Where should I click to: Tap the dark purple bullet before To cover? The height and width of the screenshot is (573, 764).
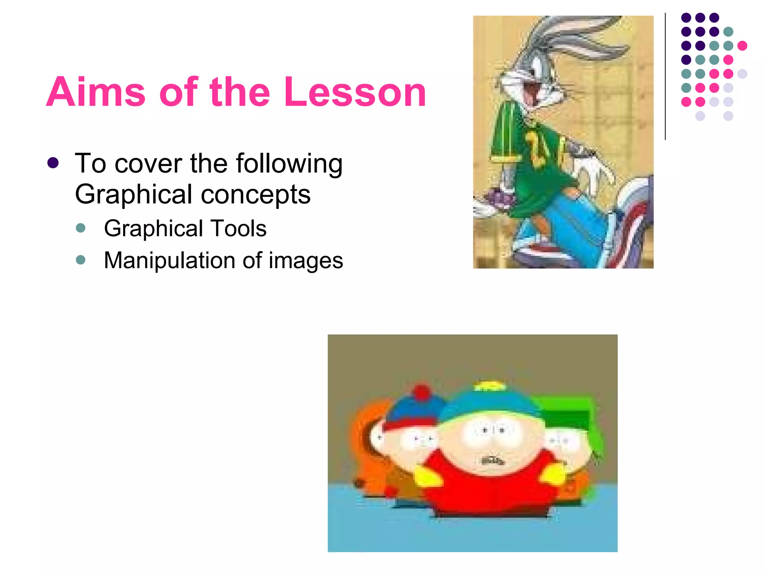click(x=53, y=163)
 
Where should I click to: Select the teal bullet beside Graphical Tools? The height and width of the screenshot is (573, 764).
click(x=81, y=228)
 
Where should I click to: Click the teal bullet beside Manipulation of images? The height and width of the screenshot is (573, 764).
click(x=81, y=260)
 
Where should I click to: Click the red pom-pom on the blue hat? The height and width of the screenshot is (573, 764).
click(x=422, y=393)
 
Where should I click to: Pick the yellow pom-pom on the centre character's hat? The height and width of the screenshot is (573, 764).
click(x=489, y=386)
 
